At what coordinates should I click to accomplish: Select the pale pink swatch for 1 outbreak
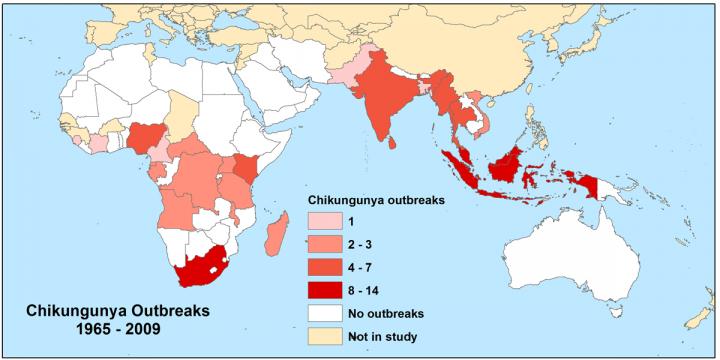point(325,220)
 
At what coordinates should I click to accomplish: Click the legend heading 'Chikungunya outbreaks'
point(374,199)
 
